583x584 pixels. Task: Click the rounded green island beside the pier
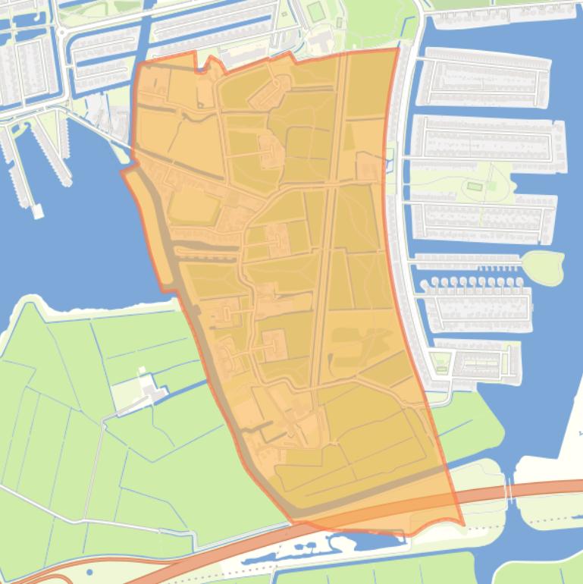coord(543,266)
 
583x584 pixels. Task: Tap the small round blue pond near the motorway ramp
coord(89,573)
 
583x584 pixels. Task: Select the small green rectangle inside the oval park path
coord(475,187)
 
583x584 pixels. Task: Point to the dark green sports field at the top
coord(315,11)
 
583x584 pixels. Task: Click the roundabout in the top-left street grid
coord(60,33)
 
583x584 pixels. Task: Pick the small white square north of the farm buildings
coord(141,371)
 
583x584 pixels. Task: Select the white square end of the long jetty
coord(37,212)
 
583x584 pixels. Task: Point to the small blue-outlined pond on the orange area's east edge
coord(390,156)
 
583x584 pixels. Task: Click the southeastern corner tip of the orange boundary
coord(462,523)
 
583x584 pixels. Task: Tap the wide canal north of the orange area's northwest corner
coord(144,30)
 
